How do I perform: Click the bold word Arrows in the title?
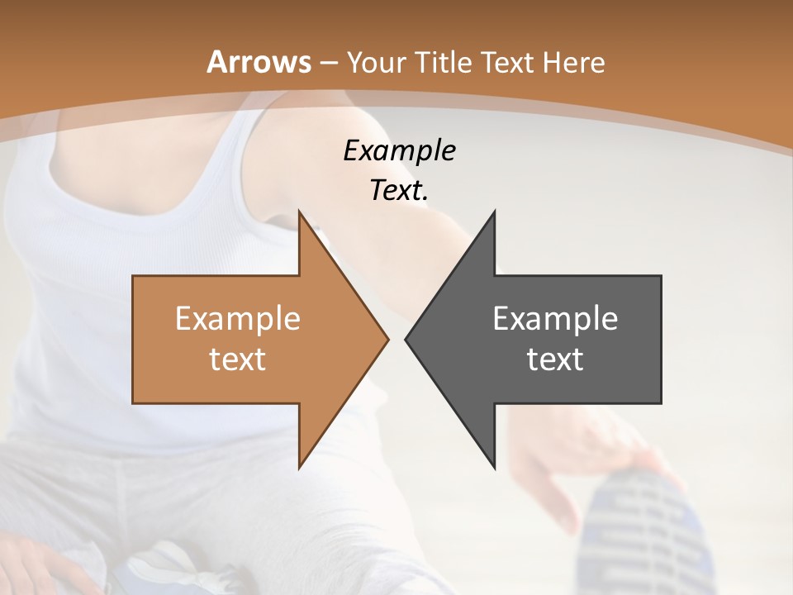pos(259,62)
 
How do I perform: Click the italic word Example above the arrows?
pos(399,150)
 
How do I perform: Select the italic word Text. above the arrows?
pos(399,190)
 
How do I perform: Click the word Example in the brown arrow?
pos(237,319)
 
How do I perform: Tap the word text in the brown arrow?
pos(237,359)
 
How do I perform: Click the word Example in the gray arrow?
pos(555,319)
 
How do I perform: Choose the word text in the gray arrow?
pos(555,359)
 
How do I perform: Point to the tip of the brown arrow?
pos(387,339)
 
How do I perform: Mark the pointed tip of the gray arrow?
pos(406,339)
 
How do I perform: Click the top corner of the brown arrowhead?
pos(299,212)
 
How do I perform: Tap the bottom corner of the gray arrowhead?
pos(494,468)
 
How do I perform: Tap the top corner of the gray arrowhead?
pos(494,212)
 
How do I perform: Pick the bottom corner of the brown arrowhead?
pos(299,468)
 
